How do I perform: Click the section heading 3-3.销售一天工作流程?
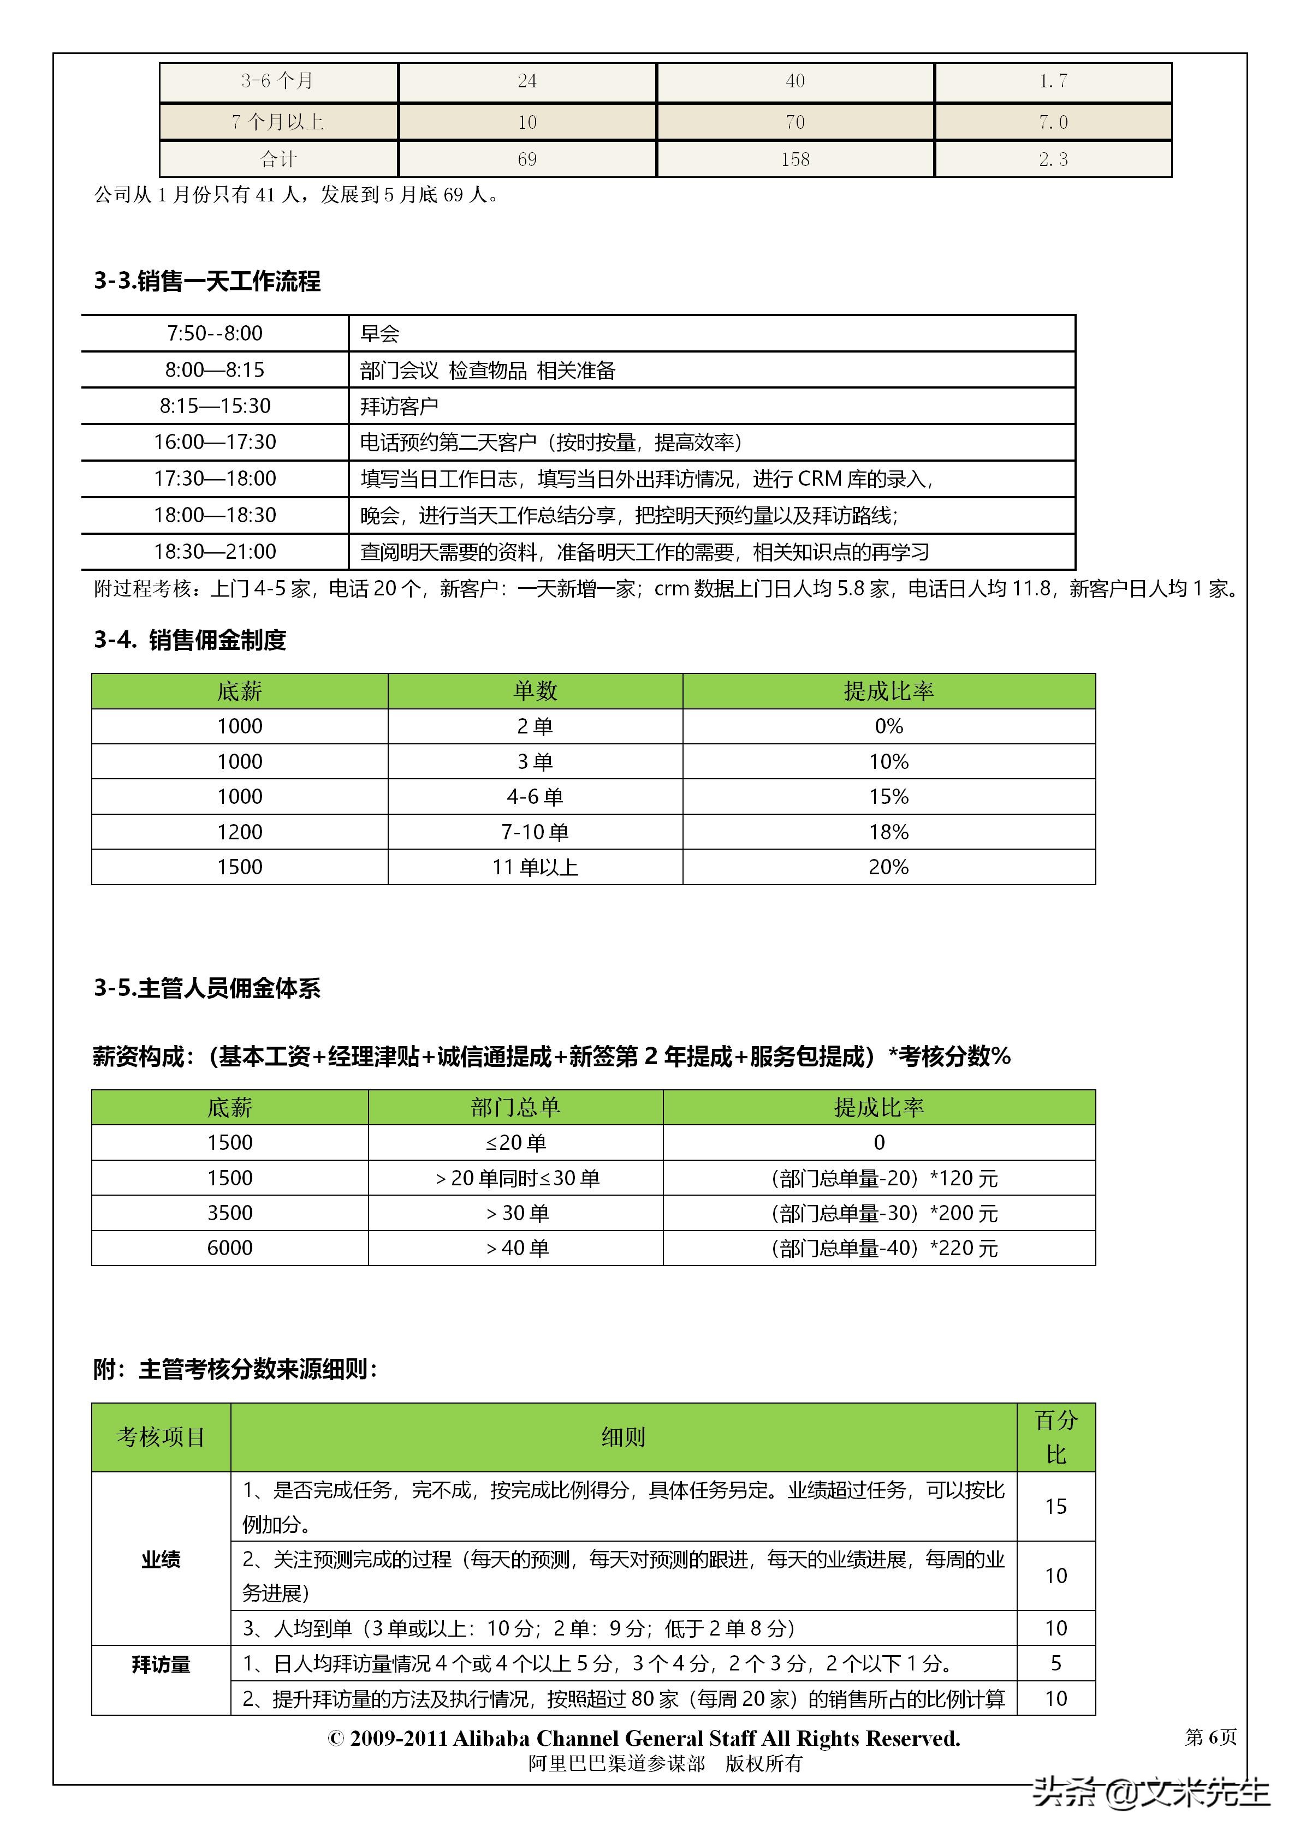pos(207,281)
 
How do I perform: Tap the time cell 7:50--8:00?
pos(215,333)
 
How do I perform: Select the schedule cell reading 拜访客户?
pos(399,406)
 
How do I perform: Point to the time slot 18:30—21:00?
pos(215,552)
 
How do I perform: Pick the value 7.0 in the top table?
pos(1053,122)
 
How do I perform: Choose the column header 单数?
pos(535,691)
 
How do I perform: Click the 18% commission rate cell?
pos(888,832)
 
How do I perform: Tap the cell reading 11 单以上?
pos(535,867)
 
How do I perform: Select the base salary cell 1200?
pos(240,832)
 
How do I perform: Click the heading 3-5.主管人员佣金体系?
pos(207,988)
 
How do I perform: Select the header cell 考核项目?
pos(161,1437)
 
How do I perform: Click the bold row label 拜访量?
pos(161,1665)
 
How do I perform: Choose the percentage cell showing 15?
pos(1056,1507)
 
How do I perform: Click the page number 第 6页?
pos(1210,1736)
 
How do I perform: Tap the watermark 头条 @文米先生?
pos(1150,1792)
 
